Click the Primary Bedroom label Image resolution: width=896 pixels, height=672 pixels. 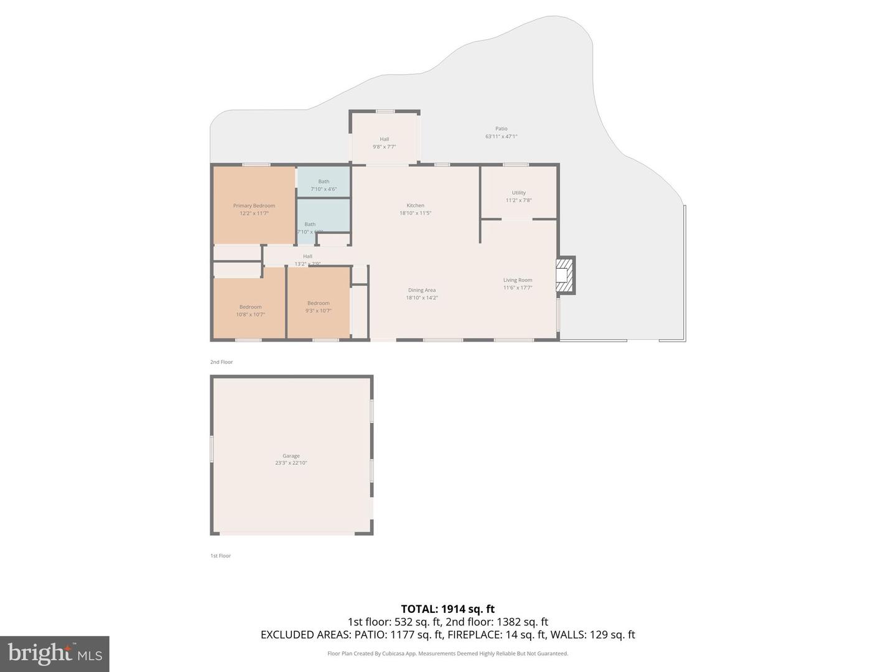pos(254,206)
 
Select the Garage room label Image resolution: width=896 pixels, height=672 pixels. pos(291,456)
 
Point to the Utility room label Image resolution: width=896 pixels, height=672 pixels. pos(519,193)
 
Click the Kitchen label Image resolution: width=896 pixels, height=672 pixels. pos(416,206)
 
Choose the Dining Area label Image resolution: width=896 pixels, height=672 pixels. pos(422,291)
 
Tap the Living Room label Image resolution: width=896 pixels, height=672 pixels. pos(518,281)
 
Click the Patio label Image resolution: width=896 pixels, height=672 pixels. pos(502,129)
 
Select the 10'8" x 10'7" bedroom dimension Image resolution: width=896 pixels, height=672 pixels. pos(251,315)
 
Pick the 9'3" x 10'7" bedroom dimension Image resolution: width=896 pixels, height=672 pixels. pos(319,311)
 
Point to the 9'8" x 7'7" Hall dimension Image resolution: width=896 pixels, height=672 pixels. pos(385,147)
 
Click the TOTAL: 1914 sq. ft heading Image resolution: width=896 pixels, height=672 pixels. pos(447,609)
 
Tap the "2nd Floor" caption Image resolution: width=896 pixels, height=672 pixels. pos(222,362)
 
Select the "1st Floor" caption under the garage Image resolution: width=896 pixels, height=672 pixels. pos(220,556)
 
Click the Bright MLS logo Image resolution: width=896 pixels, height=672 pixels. pos(55,653)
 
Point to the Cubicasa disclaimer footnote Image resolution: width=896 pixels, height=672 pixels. pos(447,654)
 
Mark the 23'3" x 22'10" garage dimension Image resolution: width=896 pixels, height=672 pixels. pos(291,463)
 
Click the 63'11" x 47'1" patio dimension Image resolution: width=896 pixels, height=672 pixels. pos(502,136)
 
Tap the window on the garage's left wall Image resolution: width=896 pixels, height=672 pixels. pos(212,449)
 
